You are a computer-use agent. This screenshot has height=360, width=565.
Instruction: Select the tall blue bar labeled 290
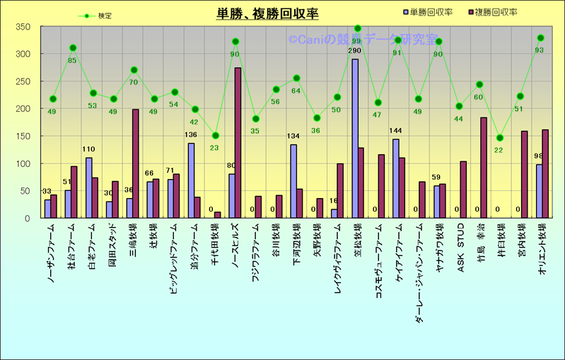coord(354,139)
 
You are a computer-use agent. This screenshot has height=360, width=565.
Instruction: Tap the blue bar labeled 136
coord(191,180)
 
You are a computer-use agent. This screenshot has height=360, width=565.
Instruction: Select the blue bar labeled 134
coord(293,181)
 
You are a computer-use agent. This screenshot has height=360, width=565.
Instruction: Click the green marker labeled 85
coord(73,48)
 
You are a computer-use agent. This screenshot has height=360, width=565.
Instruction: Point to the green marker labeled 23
coord(216,136)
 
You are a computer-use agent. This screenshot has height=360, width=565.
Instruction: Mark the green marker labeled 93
coord(541,37)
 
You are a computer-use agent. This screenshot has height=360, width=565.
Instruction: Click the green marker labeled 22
coord(500,138)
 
